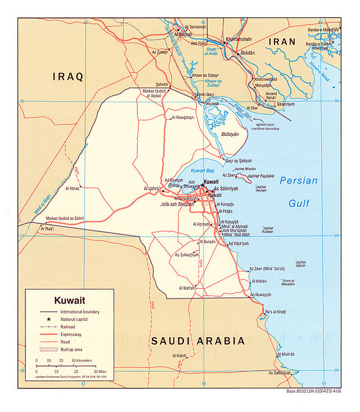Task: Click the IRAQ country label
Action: (x=68, y=76)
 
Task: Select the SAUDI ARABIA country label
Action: (x=197, y=341)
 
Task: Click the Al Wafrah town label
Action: (x=187, y=288)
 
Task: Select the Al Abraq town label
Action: (x=73, y=188)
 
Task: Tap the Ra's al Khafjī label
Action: (x=276, y=312)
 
